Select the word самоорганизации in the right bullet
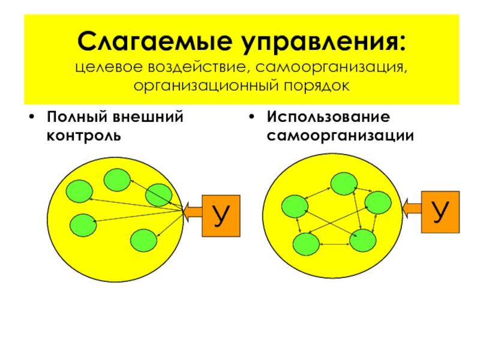(x=340, y=135)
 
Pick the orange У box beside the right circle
(x=441, y=211)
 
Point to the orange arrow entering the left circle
(x=193, y=212)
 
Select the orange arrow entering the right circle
(x=413, y=208)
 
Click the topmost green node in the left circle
(x=118, y=179)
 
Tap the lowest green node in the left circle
(x=143, y=240)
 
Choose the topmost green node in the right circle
(x=344, y=184)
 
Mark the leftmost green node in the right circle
(x=295, y=206)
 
